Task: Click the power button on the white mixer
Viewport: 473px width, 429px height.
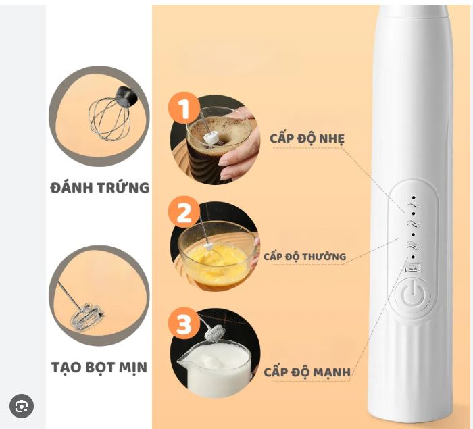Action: click(413, 293)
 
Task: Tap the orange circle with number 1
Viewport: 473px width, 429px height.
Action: click(184, 108)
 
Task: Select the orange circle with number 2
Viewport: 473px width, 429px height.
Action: click(184, 212)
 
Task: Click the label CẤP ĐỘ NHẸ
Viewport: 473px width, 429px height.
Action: click(307, 138)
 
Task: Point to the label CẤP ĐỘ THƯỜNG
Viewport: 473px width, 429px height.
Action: click(305, 257)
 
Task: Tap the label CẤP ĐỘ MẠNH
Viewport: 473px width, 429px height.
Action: click(307, 372)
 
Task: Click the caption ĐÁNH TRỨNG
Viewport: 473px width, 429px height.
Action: click(100, 187)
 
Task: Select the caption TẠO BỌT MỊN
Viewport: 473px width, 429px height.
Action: click(99, 367)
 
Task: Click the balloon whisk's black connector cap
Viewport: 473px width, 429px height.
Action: click(126, 95)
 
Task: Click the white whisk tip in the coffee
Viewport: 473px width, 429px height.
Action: click(211, 138)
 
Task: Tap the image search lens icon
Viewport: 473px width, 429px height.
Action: click(22, 406)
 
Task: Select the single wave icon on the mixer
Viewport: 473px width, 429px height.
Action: click(414, 205)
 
